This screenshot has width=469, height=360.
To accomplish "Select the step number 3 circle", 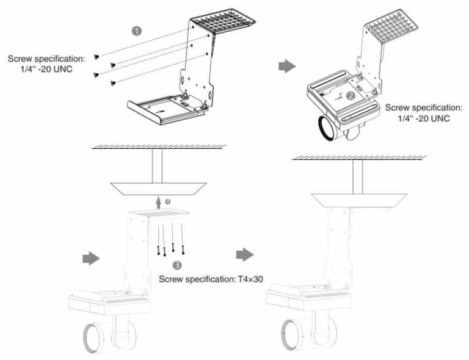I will click(177, 265).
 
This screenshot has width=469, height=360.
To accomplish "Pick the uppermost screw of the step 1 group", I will click(97, 56).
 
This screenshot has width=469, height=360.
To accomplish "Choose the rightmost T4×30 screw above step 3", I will click(183, 247).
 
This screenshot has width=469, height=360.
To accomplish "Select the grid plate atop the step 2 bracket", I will click(391, 27).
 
